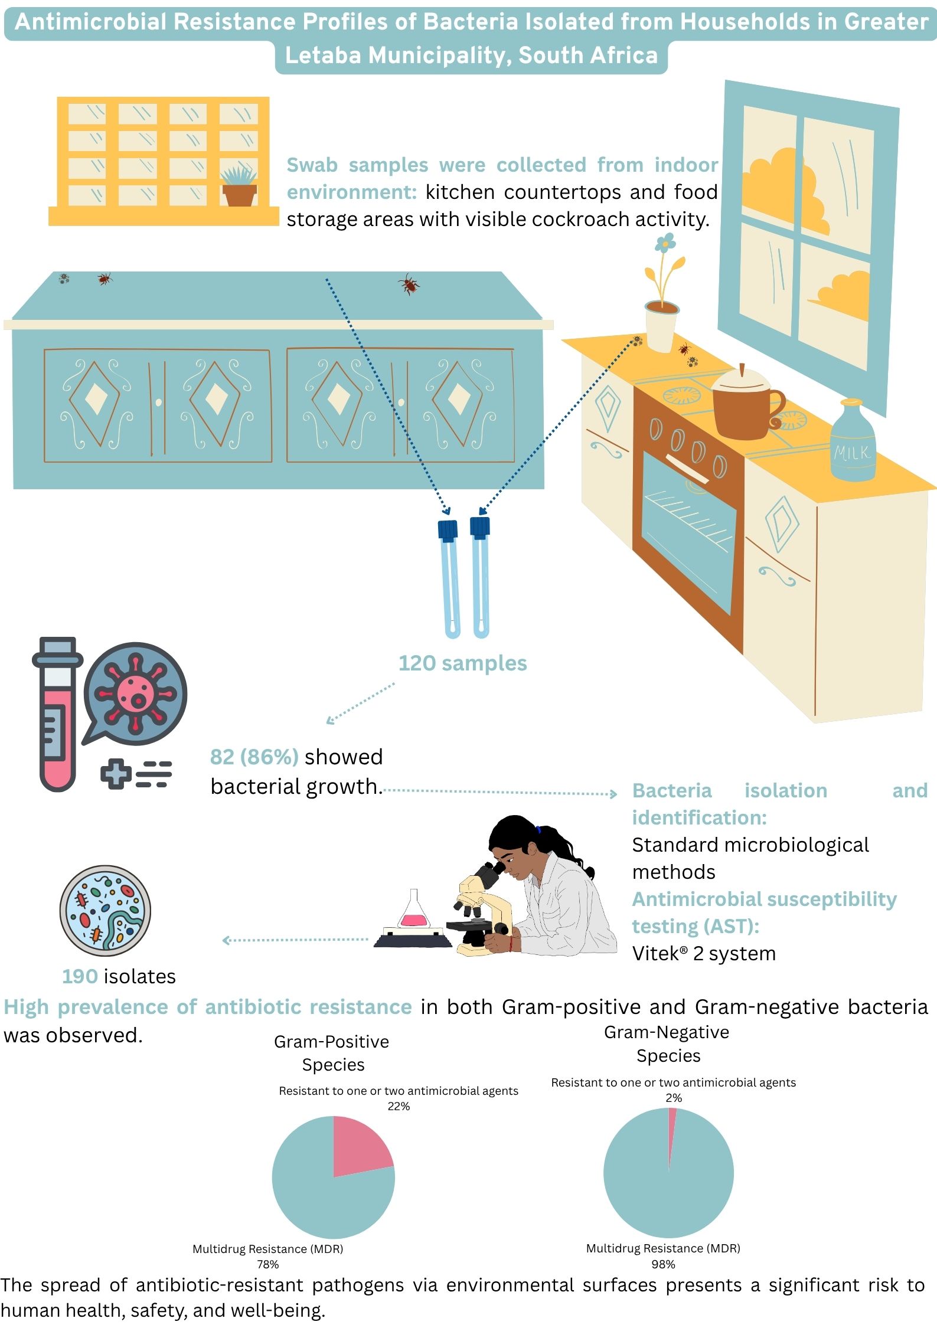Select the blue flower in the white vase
[x=665, y=242]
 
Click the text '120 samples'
[x=462, y=663]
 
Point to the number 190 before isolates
[x=80, y=976]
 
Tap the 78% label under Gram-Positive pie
[x=267, y=1264]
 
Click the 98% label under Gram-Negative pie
[x=663, y=1264]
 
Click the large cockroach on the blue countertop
[x=409, y=284]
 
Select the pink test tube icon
[x=58, y=714]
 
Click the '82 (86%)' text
[x=254, y=757]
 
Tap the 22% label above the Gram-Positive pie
[x=399, y=1106]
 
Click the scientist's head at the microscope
[x=514, y=844]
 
